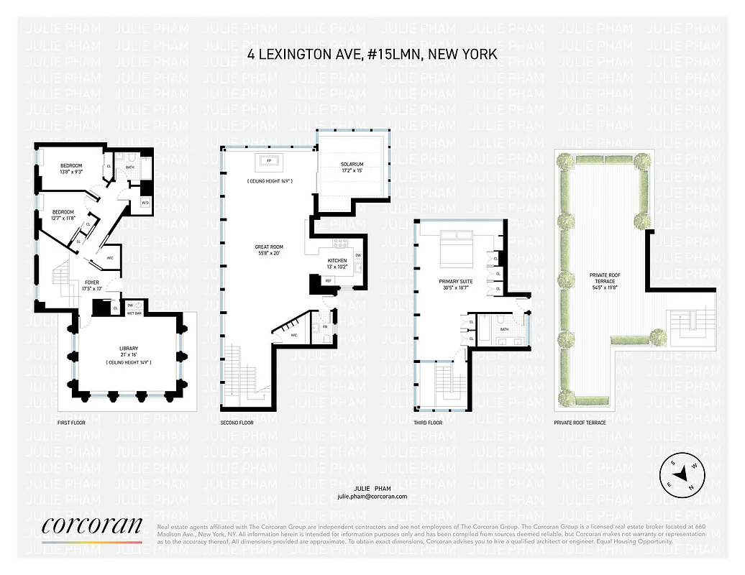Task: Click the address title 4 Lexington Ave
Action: [x=372, y=55]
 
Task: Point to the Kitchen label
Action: [x=337, y=260]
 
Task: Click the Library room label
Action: [x=129, y=349]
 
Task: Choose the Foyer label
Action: [x=92, y=282]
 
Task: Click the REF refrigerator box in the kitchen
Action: [x=328, y=280]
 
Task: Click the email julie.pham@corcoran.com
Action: [x=372, y=497]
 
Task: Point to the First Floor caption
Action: [x=71, y=423]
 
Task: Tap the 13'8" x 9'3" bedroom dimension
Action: [x=71, y=172]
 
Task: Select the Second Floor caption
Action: [x=237, y=423]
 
